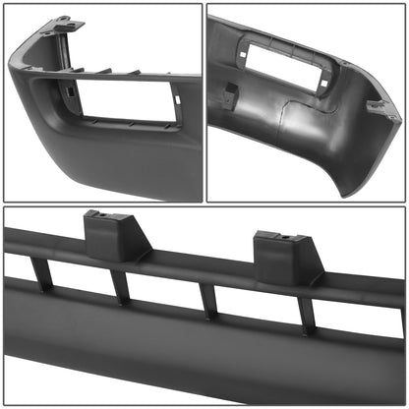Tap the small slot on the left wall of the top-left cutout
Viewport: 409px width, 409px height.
click(x=72, y=93)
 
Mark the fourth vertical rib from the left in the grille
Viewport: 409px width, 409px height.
click(x=308, y=314)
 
